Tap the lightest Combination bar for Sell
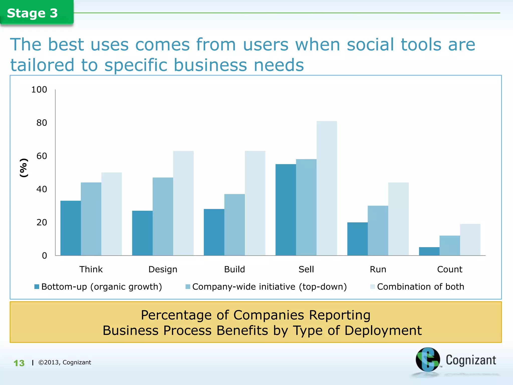point(327,188)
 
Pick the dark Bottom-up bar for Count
point(429,251)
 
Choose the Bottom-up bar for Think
point(71,228)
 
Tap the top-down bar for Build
point(234,225)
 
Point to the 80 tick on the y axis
point(42,123)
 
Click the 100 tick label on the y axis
point(39,89)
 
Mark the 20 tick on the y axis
point(42,222)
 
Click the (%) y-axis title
point(24,168)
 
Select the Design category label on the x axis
point(163,269)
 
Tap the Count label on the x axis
point(450,269)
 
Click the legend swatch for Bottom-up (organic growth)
point(37,286)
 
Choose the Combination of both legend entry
point(420,286)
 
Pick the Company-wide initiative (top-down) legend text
point(269,286)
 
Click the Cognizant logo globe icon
point(428,360)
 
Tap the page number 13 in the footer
point(19,363)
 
